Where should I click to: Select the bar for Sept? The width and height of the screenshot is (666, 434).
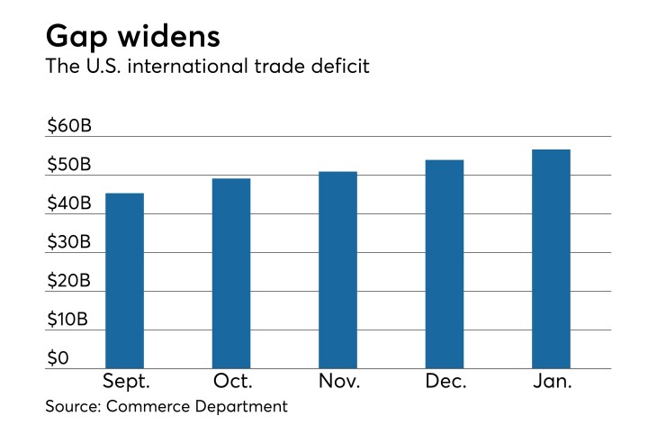[124, 280]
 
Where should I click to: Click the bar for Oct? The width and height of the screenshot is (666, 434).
[231, 273]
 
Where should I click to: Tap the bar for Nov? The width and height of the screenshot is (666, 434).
[337, 269]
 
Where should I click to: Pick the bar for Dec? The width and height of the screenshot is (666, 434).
[445, 264]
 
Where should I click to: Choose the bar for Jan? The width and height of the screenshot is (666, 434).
[551, 258]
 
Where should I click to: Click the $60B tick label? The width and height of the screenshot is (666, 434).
[69, 127]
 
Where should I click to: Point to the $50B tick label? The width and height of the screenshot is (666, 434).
[69, 166]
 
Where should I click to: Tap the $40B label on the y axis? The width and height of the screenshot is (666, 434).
[69, 204]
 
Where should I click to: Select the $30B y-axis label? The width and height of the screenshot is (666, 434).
[69, 242]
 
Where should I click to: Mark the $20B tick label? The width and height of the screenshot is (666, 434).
[69, 281]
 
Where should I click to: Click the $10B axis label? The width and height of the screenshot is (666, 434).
[68, 320]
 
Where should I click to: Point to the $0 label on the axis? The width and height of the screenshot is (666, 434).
[58, 358]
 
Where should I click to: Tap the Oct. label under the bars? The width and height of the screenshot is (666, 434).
[231, 381]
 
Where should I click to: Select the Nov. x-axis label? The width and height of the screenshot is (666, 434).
[338, 381]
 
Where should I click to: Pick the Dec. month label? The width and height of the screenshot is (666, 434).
[445, 381]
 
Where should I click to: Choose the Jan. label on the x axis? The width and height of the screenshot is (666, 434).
[551, 381]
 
